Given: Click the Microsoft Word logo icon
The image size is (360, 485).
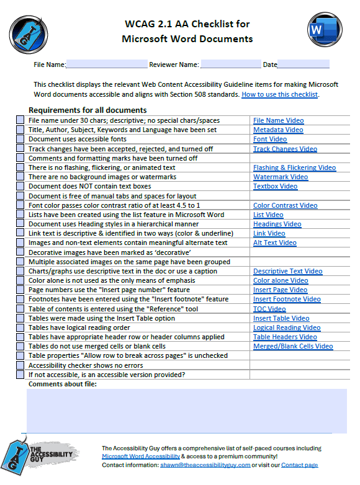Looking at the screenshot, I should (324, 29).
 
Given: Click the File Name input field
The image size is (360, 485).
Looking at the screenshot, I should (107, 65).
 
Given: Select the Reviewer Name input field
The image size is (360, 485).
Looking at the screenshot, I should (230, 65).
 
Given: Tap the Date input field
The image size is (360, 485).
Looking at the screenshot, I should (304, 65).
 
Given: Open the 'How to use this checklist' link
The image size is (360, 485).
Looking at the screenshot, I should (279, 95).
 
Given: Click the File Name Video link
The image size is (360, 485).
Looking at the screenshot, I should (278, 120).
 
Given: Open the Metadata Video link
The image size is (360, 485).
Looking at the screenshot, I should (278, 130).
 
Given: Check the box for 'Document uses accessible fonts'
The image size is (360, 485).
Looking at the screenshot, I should (20, 140).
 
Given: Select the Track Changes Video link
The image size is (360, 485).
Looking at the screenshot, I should (285, 149).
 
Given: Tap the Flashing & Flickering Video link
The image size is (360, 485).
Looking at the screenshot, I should (294, 167).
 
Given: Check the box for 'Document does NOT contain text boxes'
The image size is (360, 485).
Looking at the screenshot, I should (20, 187).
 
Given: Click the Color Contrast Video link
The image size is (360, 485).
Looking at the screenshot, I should (285, 205).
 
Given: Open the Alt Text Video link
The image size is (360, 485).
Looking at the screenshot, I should (274, 242).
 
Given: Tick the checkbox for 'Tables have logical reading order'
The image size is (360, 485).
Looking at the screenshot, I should (20, 328).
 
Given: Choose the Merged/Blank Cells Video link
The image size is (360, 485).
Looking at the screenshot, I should (292, 347).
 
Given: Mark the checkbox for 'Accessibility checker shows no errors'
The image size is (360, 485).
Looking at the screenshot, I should (20, 365).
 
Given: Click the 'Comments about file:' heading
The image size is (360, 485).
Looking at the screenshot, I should (63, 385).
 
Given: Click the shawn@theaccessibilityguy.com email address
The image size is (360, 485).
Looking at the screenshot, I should (205, 465).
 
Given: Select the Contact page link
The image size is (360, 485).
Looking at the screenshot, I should (299, 465).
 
